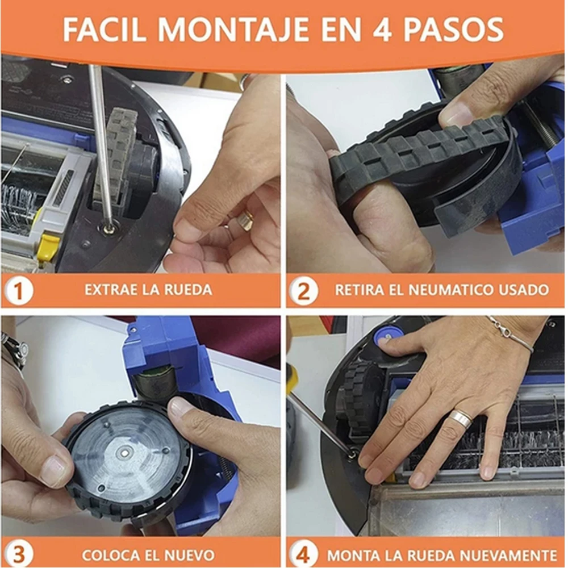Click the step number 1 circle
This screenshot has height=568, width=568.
tap(19, 291)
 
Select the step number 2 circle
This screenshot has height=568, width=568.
tap(304, 291)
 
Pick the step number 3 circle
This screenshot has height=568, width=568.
tap(19, 554)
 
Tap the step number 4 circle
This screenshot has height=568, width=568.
tap(304, 554)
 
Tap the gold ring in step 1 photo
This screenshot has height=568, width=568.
tap(245, 220)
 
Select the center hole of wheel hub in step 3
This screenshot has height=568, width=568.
tap(124, 454)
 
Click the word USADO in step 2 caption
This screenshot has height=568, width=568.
tap(527, 290)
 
